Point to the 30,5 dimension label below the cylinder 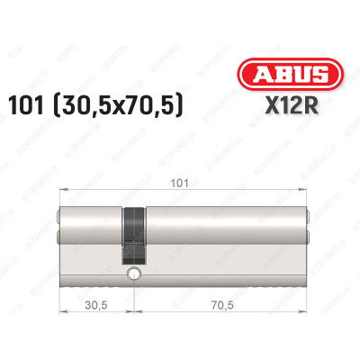[x=87, y=304]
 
